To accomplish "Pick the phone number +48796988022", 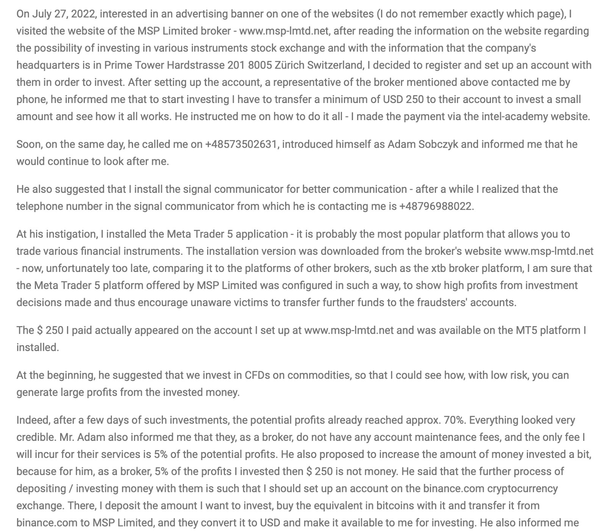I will pos(436,206).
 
